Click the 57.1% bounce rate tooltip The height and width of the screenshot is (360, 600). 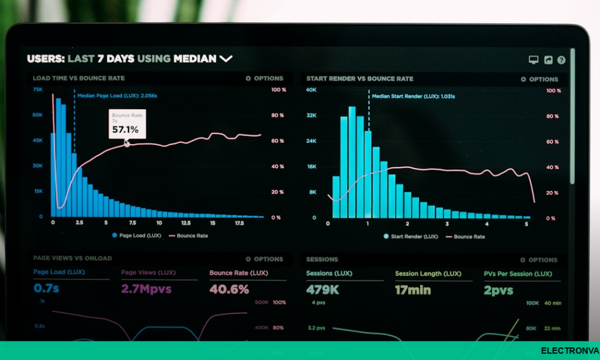(125, 124)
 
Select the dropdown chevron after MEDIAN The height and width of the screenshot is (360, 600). (226, 59)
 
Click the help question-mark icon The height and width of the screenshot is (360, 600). (562, 60)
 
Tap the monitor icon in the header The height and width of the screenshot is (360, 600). (533, 60)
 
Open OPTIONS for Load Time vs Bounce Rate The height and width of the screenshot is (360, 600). (265, 79)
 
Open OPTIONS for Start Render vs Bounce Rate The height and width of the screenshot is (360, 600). (539, 79)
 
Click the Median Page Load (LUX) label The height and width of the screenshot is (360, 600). (117, 95)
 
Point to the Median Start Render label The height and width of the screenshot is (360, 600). (413, 96)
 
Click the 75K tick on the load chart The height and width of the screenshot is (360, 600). (37, 89)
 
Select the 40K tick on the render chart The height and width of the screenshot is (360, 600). (311, 90)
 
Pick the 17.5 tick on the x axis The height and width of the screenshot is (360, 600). (238, 223)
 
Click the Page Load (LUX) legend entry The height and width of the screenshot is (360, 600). (136, 236)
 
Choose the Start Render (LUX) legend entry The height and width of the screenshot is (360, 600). (410, 236)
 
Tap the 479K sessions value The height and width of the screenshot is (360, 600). (322, 290)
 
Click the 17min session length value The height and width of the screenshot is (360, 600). (413, 290)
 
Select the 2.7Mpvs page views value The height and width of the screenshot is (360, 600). (146, 289)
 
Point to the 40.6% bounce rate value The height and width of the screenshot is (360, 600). (229, 289)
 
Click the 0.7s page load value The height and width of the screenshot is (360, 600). (46, 289)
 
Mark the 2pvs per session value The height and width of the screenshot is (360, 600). (499, 290)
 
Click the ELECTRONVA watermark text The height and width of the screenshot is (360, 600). (569, 351)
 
